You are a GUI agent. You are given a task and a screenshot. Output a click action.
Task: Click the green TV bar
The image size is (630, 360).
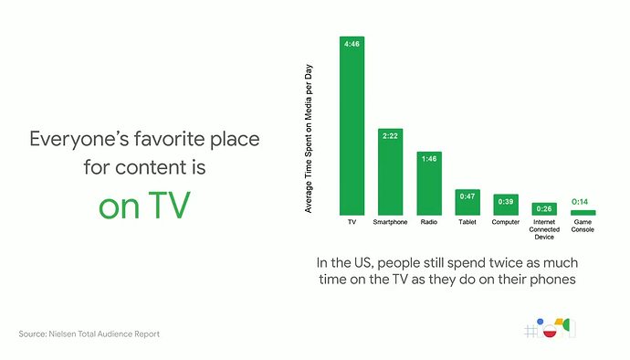352,128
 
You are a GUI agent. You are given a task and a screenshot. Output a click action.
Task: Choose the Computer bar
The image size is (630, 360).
506,206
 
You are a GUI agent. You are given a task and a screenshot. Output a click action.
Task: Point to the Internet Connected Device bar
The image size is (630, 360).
544,209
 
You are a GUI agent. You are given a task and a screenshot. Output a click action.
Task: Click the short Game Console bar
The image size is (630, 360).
583,212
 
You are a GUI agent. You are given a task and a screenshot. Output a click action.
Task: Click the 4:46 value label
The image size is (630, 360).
352,43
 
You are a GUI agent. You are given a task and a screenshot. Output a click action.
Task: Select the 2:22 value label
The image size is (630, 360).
390,135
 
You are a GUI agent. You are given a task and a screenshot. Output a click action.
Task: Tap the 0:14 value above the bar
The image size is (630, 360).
581,201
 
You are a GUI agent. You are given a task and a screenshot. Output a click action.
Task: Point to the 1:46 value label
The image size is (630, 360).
428,158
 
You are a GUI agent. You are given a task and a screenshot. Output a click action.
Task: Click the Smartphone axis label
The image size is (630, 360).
390,222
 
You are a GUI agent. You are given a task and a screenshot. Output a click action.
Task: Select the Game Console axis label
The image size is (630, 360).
583,226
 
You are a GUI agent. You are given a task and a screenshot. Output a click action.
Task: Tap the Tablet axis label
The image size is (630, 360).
467,222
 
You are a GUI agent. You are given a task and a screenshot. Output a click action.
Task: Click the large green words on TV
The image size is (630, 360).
144,205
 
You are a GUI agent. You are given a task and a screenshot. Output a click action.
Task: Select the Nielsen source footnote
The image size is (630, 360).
89,334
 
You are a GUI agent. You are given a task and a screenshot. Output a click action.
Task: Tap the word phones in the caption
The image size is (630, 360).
548,281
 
